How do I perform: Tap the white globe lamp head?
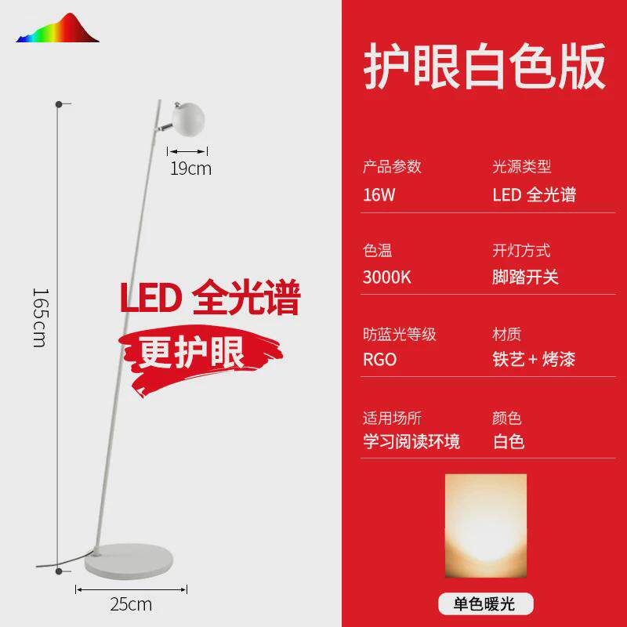(187, 118)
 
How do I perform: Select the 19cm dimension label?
(191, 168)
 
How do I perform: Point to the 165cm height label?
(40, 317)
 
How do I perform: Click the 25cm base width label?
(132, 604)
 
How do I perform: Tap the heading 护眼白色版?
(484, 67)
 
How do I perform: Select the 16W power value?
(379, 195)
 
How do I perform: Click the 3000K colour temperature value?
(387, 277)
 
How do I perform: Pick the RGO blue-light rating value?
(380, 360)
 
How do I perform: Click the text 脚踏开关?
(525, 277)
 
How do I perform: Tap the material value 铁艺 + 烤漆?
(534, 360)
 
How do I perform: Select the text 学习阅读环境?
(411, 442)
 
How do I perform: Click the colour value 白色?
(509, 442)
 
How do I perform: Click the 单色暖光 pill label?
(485, 603)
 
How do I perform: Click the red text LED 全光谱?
(210, 299)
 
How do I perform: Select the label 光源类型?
(521, 166)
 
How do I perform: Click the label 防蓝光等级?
(399, 335)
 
